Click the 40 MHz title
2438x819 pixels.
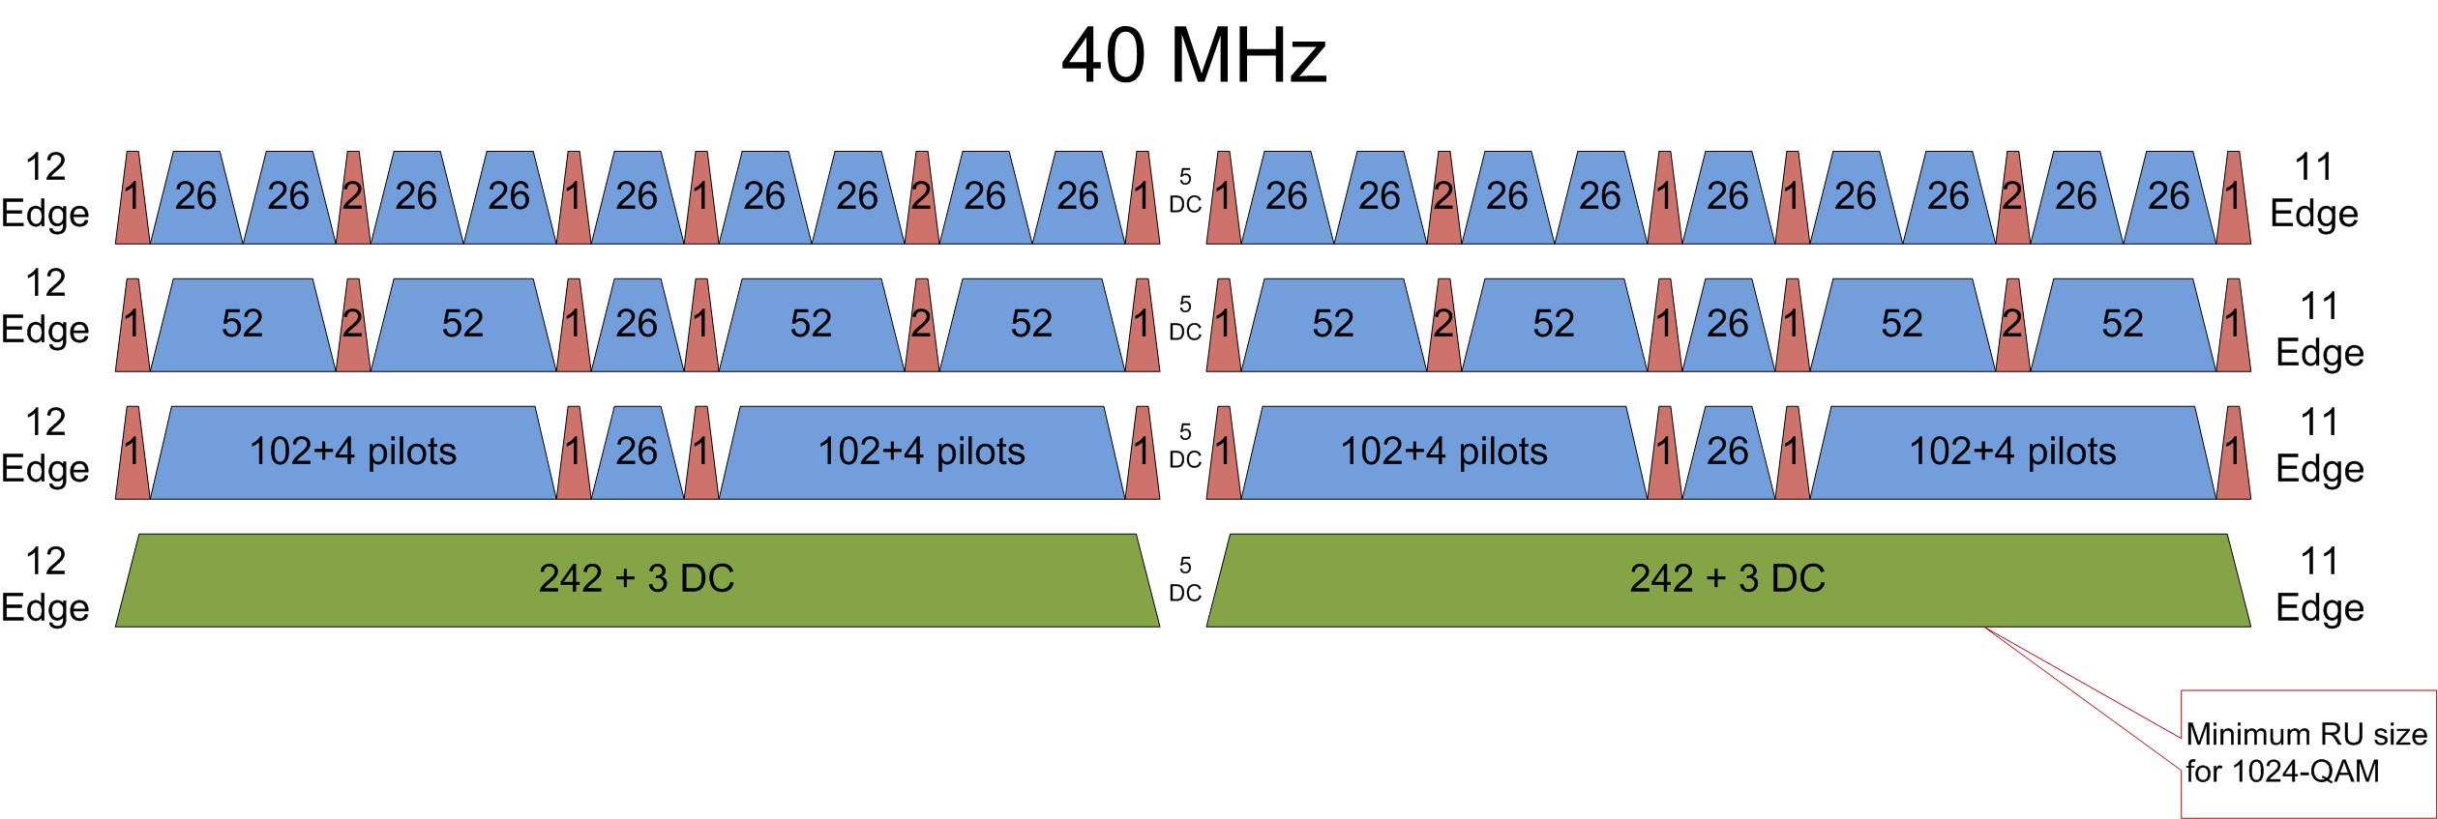pyautogui.click(x=1194, y=55)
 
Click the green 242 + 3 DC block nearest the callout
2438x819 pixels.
pyautogui.click(x=1728, y=580)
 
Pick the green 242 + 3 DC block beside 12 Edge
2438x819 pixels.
pyautogui.click(x=637, y=580)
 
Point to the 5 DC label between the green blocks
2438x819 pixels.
pyautogui.click(x=1185, y=579)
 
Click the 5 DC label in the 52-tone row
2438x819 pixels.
pyautogui.click(x=1185, y=318)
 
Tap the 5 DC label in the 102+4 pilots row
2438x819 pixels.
pyautogui.click(x=1185, y=446)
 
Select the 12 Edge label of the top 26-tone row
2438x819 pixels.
pyautogui.click(x=45, y=190)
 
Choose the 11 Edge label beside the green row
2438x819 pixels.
pyautogui.click(x=2319, y=585)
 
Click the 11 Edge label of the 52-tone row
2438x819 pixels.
pyautogui.click(x=2319, y=330)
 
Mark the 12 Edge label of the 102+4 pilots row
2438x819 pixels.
pyautogui.click(x=45, y=446)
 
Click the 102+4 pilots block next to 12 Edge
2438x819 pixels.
pyautogui.click(x=353, y=453)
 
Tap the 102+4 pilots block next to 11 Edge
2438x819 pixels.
pyautogui.click(x=2012, y=453)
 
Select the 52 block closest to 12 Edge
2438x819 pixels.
pyautogui.click(x=242, y=325)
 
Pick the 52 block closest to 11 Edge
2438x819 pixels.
pyautogui.click(x=2123, y=325)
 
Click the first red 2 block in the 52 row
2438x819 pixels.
pyautogui.click(x=353, y=325)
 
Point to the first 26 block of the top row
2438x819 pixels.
pyautogui.click(x=195, y=197)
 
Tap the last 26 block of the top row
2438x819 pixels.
pyautogui.click(x=2169, y=197)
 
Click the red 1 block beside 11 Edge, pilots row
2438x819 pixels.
pyautogui.click(x=2233, y=453)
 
